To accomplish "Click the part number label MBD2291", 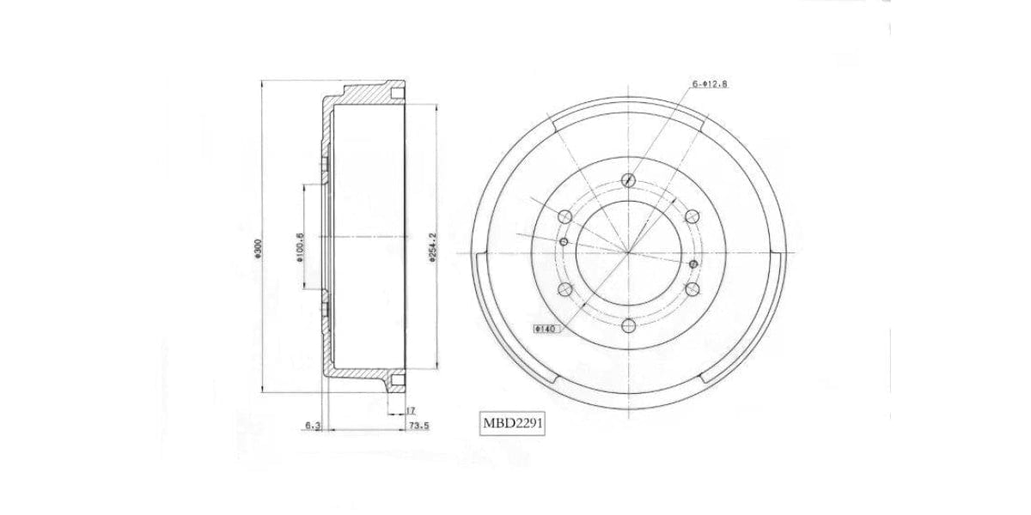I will [514, 423].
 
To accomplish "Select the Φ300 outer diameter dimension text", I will [259, 248].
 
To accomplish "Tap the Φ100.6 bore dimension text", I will [300, 248].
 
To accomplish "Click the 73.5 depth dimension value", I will [418, 425].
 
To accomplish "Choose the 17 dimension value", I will [412, 410].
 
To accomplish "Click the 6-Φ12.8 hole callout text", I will [710, 84].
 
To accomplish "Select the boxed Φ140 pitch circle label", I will [545, 328].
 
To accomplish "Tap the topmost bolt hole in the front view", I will [629, 180].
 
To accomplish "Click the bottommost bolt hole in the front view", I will [629, 325].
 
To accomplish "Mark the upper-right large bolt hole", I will [692, 216].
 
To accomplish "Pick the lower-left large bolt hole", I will [565, 289].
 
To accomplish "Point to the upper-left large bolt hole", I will [565, 216].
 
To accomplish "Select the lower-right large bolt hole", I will [692, 289].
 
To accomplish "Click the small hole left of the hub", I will [564, 242].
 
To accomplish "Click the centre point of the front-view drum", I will [629, 253].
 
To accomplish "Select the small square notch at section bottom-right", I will [396, 380].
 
